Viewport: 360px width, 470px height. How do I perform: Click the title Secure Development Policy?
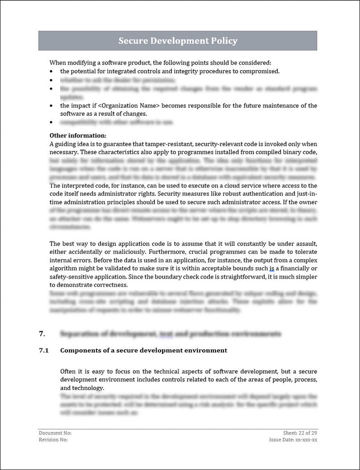click(x=177, y=41)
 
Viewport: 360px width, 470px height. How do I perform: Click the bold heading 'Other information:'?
click(x=77, y=135)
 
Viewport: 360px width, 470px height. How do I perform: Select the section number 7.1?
click(x=43, y=350)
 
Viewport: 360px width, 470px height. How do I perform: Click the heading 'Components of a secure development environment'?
click(x=143, y=350)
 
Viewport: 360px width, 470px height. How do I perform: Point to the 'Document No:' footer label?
click(x=55, y=432)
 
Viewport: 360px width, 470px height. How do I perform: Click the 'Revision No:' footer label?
click(x=53, y=439)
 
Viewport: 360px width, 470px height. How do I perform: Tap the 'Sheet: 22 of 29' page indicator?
click(x=300, y=432)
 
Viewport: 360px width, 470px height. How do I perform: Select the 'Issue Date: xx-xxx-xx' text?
click(x=293, y=439)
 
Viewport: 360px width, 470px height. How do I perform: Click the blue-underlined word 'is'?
click(x=271, y=269)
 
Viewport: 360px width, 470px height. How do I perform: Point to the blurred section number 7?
click(x=41, y=333)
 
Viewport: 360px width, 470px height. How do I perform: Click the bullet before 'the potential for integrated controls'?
click(x=52, y=72)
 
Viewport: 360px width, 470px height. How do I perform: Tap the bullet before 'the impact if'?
click(x=52, y=106)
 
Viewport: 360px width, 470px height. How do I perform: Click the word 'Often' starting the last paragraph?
click(x=69, y=371)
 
